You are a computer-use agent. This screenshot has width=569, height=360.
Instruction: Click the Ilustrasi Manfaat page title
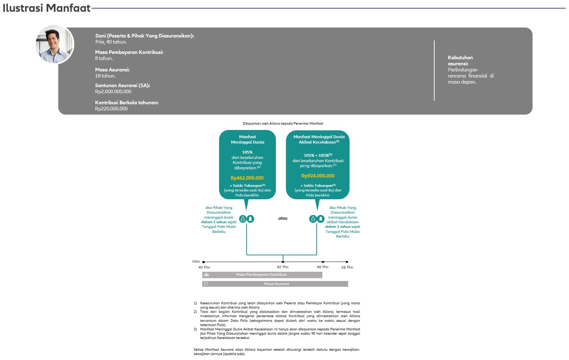46,8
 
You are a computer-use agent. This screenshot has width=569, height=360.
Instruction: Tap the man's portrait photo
55,44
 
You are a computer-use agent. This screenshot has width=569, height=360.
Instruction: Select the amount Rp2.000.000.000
113,91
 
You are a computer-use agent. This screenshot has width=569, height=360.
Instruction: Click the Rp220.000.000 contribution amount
111,109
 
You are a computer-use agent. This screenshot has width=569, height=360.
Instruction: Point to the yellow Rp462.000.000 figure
247,178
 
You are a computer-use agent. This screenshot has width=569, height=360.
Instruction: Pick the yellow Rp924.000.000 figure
318,176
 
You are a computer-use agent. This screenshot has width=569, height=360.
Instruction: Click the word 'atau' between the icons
283,218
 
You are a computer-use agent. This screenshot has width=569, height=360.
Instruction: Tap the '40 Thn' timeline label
204,267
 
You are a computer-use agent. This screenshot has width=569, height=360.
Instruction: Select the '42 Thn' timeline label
282,267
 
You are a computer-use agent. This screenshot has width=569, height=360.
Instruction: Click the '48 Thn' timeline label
322,267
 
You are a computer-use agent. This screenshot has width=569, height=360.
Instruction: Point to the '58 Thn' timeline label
347,267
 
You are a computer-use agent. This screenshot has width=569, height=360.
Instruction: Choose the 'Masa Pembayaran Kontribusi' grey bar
262,275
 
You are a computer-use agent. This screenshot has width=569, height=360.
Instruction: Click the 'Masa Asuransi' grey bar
275,284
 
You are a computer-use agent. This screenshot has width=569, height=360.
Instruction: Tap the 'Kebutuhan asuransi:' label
460,60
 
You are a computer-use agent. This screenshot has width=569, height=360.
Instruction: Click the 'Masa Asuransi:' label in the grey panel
112,70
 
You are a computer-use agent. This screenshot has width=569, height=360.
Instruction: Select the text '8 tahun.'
104,58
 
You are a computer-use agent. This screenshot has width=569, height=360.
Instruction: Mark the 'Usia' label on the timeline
196,261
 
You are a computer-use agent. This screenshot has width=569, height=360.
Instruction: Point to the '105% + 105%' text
316,155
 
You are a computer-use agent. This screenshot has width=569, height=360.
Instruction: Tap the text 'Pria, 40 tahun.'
111,42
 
